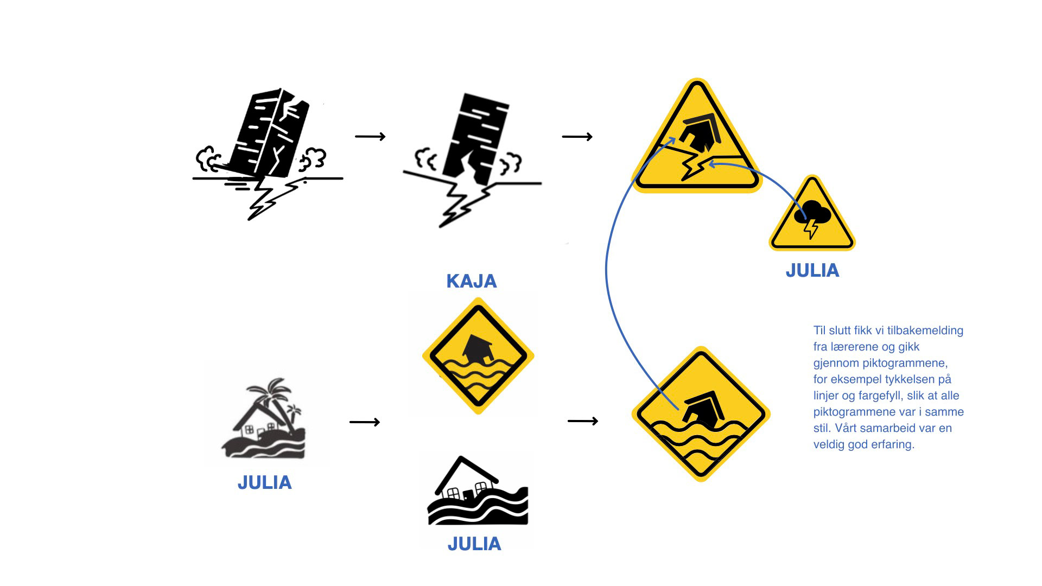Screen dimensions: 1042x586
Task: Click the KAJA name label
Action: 471,281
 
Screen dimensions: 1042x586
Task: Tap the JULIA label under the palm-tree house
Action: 264,482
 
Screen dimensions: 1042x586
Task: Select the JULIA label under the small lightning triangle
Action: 812,270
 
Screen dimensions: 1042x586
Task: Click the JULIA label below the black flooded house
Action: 474,544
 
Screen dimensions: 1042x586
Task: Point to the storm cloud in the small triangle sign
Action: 812,213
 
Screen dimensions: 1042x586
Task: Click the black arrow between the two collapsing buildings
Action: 370,136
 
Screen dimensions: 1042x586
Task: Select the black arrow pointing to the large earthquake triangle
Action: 577,137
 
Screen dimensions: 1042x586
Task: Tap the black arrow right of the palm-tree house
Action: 364,422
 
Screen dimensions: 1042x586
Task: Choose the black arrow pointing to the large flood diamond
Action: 582,421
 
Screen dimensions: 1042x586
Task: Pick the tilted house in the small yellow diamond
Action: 477,350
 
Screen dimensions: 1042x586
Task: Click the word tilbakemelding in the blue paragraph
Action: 922,330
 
